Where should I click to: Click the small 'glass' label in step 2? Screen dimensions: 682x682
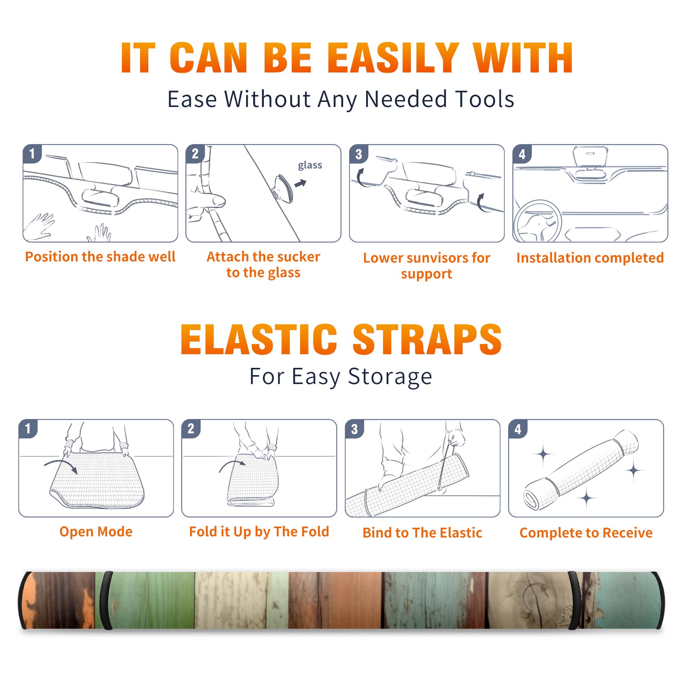310,165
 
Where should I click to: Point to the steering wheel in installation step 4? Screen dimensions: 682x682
537,221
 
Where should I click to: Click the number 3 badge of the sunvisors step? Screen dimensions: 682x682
358,154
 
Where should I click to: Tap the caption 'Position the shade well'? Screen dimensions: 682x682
100,257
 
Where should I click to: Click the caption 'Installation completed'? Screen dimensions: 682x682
590,257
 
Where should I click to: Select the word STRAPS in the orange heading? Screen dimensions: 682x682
427,339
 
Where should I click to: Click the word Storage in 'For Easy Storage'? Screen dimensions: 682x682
390,377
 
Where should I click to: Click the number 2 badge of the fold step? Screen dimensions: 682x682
191,428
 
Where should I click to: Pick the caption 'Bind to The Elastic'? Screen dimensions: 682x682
422,532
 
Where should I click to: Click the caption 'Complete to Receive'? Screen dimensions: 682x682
586,533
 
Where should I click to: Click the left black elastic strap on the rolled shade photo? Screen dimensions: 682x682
106,600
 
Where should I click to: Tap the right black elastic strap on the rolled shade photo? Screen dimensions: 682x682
575,600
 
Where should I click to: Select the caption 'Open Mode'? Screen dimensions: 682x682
96,532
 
